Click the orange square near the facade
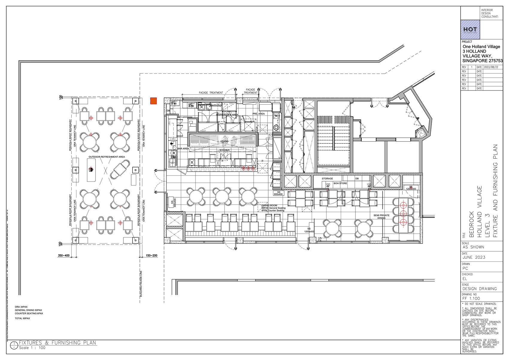[153, 101]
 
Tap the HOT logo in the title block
[470, 29]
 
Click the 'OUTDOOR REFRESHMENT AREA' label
[107, 157]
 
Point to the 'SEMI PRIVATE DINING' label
[381, 217]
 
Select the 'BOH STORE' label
[340, 183]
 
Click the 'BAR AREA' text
[183, 149]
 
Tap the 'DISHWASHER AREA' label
[227, 115]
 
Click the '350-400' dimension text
[63, 255]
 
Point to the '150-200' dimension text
[152, 255]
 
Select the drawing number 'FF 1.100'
[471, 298]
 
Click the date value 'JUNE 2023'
[474, 257]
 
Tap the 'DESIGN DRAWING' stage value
[479, 289]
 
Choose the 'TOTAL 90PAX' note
[22, 318]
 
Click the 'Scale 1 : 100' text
[32, 348]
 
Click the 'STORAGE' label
[327, 179]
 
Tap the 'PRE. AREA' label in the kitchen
[258, 114]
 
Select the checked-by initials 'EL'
[465, 279]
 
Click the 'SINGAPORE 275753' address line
[483, 61]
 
